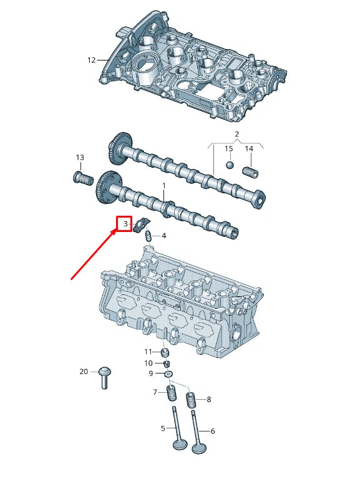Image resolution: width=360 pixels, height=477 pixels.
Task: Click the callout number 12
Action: click(x=91, y=60)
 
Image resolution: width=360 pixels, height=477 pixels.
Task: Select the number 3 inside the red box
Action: click(x=125, y=223)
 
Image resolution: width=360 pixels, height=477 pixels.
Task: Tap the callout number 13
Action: click(x=80, y=157)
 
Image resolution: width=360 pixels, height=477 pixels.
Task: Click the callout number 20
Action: click(x=84, y=372)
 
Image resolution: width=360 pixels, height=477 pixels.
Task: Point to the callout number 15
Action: click(x=229, y=148)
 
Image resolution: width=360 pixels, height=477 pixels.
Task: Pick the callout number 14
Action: click(x=249, y=148)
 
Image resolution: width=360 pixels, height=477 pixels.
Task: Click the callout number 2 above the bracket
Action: click(x=236, y=135)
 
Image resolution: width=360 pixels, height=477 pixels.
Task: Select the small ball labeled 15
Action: click(x=229, y=165)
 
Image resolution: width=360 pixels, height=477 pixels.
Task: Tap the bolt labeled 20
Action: click(x=104, y=377)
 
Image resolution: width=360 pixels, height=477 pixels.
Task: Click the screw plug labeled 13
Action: click(x=80, y=178)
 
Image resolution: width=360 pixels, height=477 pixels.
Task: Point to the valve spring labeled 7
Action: click(x=171, y=393)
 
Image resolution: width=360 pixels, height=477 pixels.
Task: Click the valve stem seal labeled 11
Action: click(x=165, y=352)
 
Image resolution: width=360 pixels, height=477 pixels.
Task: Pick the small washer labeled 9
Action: click(x=168, y=373)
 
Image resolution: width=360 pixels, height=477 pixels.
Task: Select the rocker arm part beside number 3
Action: click(x=141, y=222)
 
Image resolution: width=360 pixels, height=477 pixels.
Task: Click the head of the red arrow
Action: click(x=115, y=231)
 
